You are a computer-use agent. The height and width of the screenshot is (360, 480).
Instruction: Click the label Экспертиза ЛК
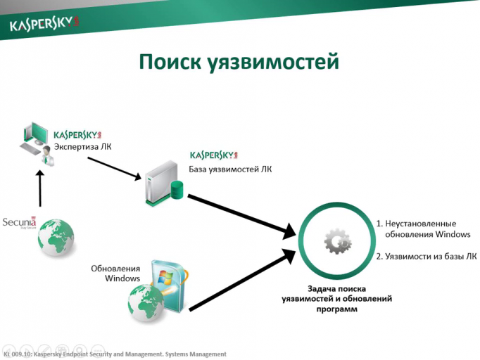(82, 147)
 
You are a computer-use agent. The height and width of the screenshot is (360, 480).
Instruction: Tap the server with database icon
(163, 182)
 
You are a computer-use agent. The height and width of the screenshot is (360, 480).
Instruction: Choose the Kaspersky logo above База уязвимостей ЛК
(215, 154)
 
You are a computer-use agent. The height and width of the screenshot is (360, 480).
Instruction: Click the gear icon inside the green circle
(337, 243)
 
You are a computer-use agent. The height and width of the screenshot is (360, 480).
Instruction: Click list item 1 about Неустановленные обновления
(422, 229)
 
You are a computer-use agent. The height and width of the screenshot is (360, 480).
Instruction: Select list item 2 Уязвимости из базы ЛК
(422, 256)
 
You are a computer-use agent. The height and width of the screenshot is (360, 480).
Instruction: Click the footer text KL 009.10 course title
(116, 354)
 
